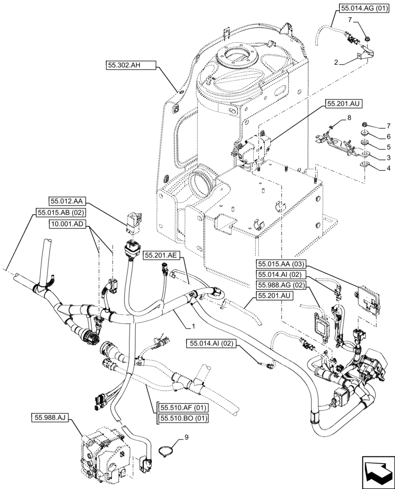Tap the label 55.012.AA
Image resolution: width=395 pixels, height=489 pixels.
pyautogui.click(x=66, y=200)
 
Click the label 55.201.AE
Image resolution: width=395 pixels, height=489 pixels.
pyautogui.click(x=161, y=255)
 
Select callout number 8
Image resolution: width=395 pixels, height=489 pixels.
pyautogui.click(x=350, y=118)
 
